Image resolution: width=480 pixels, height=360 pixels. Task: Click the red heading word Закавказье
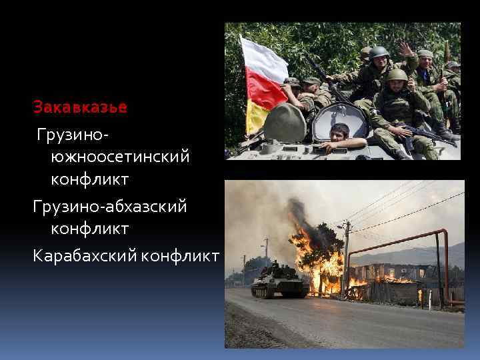[x=80, y=107]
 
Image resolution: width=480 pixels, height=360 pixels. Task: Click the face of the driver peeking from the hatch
[x=340, y=131]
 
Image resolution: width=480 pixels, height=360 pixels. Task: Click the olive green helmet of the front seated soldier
[x=397, y=75]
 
